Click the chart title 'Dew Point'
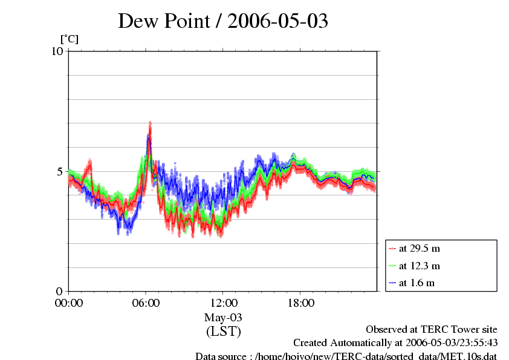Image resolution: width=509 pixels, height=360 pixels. click(169, 21)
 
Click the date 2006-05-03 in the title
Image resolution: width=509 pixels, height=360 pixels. click(277, 21)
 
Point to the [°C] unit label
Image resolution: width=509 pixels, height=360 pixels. click(69, 39)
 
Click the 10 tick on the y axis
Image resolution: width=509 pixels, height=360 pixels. click(57, 51)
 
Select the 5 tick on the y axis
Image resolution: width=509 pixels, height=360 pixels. click(60, 171)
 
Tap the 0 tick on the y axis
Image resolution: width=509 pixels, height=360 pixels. click(60, 291)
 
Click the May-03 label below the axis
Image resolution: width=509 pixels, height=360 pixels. click(223, 318)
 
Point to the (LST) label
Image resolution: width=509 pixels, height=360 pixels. click(223, 332)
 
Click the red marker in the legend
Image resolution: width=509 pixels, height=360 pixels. click(393, 249)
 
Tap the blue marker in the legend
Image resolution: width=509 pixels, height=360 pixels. click(393, 283)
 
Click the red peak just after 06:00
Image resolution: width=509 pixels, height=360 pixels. click(150, 124)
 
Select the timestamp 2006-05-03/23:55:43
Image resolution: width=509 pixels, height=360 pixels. click(447, 343)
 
